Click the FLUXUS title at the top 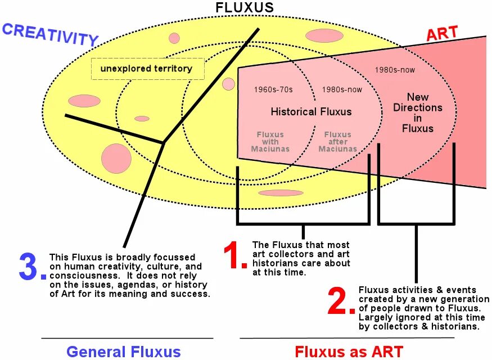point(245,7)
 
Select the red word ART point(441,33)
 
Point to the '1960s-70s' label point(273,89)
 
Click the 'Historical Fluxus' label point(311,111)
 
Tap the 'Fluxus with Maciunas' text point(270,142)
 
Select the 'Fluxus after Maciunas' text point(337,142)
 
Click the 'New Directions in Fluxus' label point(418,112)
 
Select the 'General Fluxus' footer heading point(124,352)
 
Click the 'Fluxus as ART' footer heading point(349,352)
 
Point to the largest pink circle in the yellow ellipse point(116,158)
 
